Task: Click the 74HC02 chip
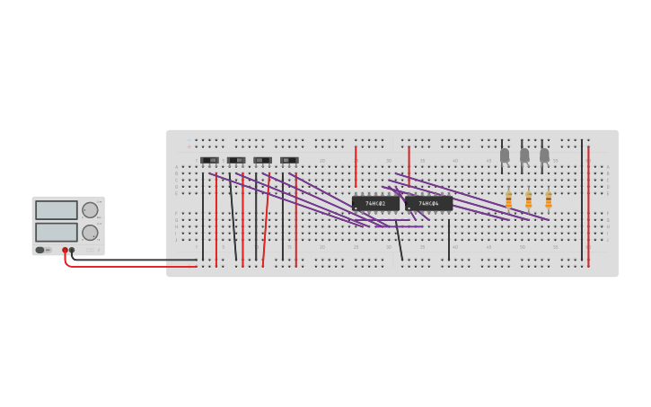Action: coord(375,203)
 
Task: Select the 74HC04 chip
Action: coord(428,203)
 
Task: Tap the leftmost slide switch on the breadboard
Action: coord(209,160)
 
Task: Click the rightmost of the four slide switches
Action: coord(289,160)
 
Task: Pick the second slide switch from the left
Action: coord(236,160)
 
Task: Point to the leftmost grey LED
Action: coord(505,155)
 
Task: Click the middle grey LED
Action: coord(524,155)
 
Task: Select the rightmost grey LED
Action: coord(544,155)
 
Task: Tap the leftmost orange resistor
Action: coord(508,199)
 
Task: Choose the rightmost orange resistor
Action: coord(549,199)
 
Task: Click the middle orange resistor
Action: coord(528,199)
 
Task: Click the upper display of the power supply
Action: coord(57,210)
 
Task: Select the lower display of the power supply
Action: coord(57,232)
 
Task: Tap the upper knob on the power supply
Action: coord(90,210)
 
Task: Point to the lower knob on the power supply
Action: coord(90,233)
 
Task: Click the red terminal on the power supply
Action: coord(65,251)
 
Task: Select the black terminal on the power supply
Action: coord(72,251)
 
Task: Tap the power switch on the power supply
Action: coord(40,250)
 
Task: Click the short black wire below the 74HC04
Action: coord(449,239)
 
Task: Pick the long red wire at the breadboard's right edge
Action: coord(588,207)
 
